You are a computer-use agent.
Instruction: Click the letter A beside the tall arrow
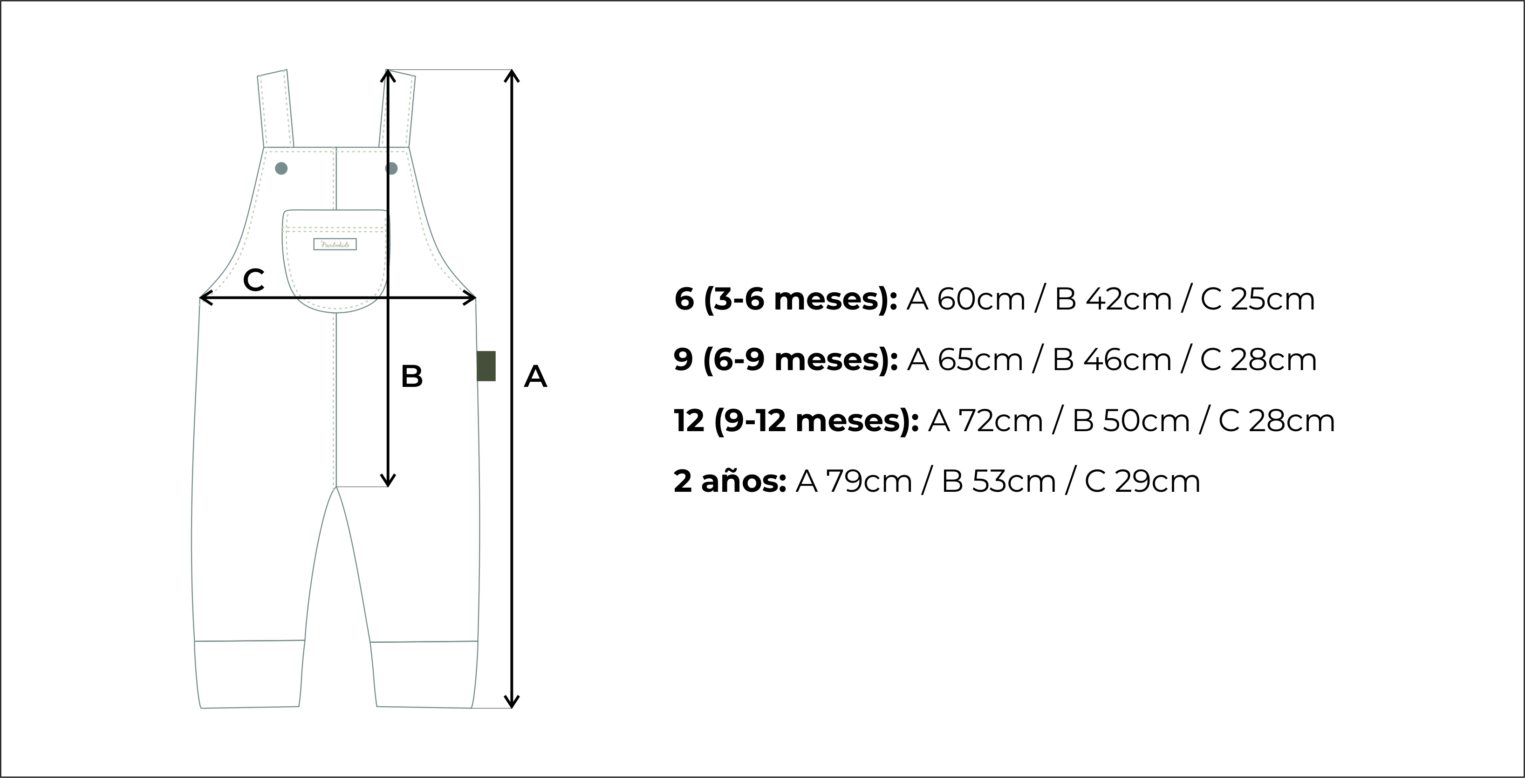[x=535, y=377]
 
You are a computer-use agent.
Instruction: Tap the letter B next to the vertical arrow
[x=411, y=377]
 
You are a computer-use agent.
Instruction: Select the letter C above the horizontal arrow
[x=253, y=280]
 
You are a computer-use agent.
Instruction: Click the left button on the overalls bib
[x=281, y=168]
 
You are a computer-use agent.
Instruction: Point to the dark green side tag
[x=486, y=365]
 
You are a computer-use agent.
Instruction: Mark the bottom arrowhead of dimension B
[x=388, y=480]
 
